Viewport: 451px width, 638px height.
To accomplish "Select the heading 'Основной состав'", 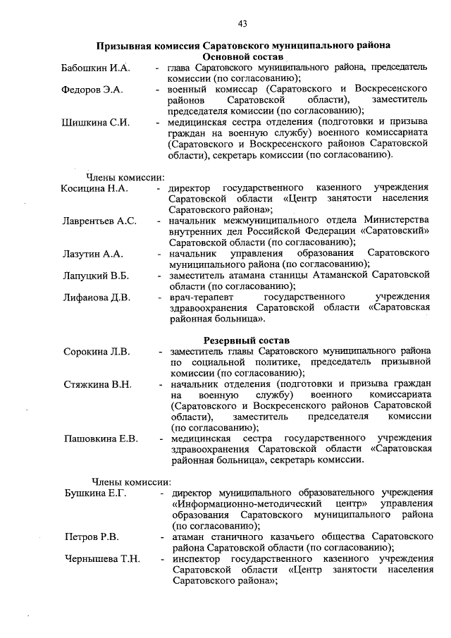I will click(242, 56).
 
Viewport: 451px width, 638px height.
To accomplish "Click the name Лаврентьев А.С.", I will click(99, 221).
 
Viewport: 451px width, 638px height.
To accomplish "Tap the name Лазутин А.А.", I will click(93, 253).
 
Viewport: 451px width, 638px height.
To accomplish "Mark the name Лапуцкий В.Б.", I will click(95, 275).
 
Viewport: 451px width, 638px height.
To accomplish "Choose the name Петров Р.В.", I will click(91, 537).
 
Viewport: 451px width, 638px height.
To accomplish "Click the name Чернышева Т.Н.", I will click(102, 560).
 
